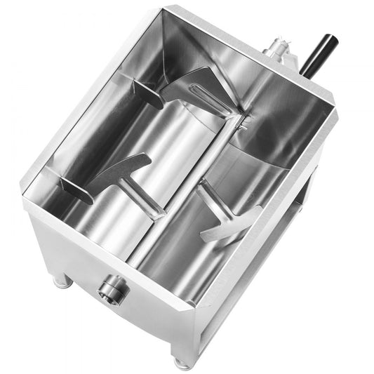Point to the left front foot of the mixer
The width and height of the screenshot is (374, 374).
pos(62,281)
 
